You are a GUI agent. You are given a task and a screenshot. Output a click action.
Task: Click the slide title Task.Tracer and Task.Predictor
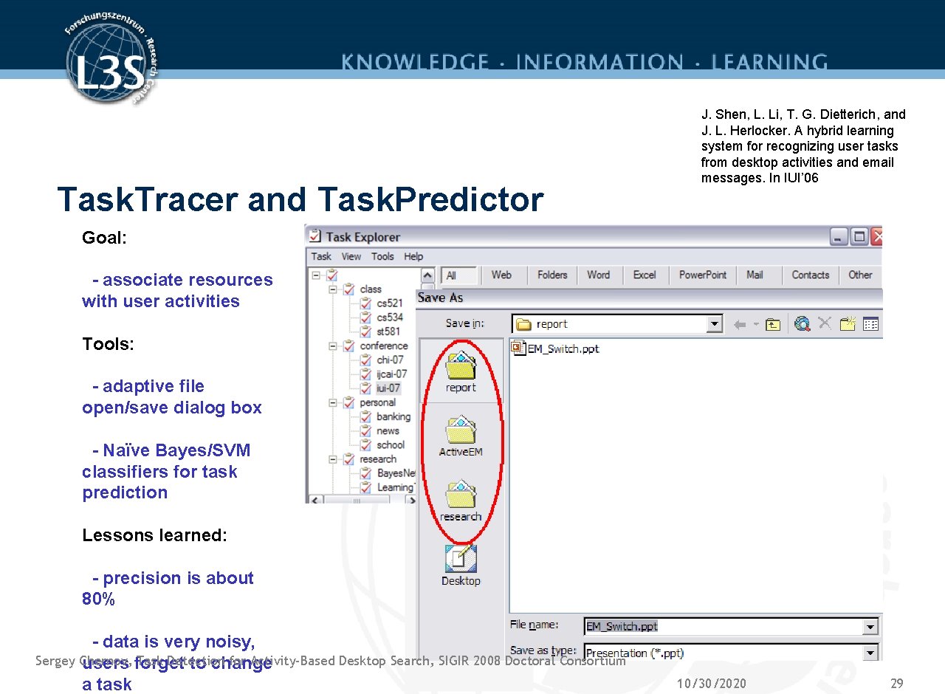[300, 199]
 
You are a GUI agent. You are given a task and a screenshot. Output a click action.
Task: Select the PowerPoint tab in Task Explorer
[702, 275]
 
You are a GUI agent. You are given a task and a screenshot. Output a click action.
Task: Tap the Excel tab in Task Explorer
[644, 275]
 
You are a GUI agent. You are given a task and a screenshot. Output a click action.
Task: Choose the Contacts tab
[810, 275]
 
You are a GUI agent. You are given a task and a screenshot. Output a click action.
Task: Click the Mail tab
[755, 275]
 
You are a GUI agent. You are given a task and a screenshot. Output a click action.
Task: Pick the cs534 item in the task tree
[389, 317]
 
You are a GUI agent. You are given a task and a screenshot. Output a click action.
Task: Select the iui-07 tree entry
[388, 388]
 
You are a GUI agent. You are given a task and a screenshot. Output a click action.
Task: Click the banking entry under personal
[393, 416]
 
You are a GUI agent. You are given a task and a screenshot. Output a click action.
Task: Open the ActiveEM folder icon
[461, 431]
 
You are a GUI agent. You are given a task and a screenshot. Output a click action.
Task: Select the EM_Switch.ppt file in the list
[562, 348]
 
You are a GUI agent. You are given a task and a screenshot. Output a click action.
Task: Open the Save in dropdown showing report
[617, 324]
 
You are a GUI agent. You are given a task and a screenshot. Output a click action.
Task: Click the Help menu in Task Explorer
[413, 256]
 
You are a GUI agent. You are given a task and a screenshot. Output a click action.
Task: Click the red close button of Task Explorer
[877, 237]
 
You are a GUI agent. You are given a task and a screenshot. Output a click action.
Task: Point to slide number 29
[896, 683]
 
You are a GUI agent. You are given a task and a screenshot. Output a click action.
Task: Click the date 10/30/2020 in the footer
[711, 683]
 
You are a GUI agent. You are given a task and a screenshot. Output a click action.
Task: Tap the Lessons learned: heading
[154, 535]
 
